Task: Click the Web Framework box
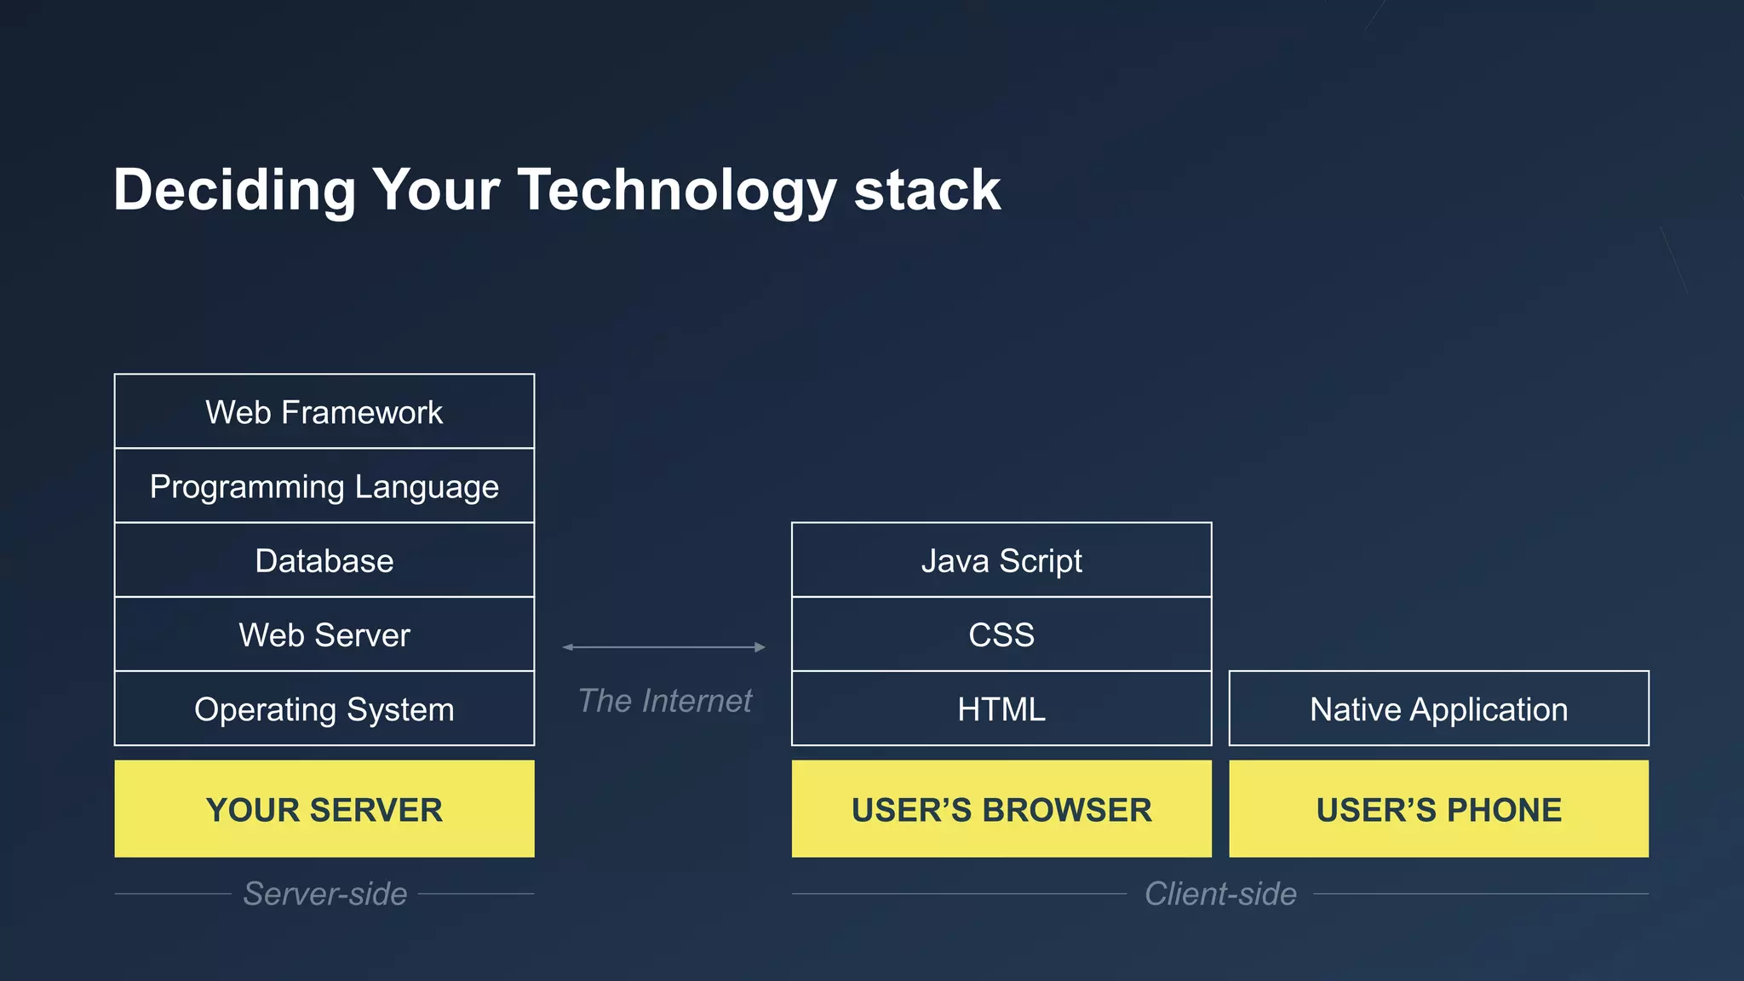[324, 412]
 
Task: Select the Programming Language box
[324, 486]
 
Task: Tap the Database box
[324, 560]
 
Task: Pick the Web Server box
[324, 634]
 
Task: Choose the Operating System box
[324, 708]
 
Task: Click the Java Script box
[1001, 560]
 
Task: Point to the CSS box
[1001, 634]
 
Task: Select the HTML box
[1001, 708]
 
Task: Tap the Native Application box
[1438, 708]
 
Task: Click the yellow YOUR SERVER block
[324, 809]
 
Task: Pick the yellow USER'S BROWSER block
[1001, 809]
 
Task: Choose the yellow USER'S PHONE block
[1438, 809]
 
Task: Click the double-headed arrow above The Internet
[664, 647]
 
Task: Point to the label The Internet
[664, 701]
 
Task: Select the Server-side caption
[324, 893]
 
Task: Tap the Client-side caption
[1220, 893]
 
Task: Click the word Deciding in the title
[234, 190]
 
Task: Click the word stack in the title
[926, 190]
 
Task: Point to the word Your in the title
[436, 190]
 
